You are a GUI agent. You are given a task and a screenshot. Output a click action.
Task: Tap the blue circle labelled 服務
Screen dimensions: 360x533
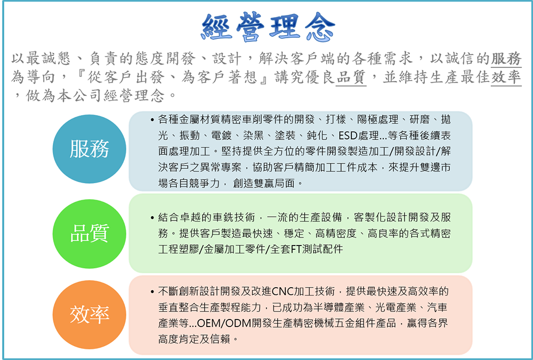90,149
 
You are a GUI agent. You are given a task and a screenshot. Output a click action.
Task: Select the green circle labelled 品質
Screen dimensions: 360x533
90,233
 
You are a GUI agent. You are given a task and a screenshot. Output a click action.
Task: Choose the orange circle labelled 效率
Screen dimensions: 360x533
90,314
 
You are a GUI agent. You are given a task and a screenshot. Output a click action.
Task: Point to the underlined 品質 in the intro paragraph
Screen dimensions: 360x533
351,77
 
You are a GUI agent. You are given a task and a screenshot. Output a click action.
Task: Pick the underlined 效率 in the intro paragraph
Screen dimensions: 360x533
506,77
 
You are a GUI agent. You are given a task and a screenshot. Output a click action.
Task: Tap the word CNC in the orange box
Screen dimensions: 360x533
282,291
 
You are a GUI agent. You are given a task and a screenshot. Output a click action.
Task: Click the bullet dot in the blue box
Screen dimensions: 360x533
152,118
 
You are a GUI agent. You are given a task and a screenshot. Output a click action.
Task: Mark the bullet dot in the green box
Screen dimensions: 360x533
152,218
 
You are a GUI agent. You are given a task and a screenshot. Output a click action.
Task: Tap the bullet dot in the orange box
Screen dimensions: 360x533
152,292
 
